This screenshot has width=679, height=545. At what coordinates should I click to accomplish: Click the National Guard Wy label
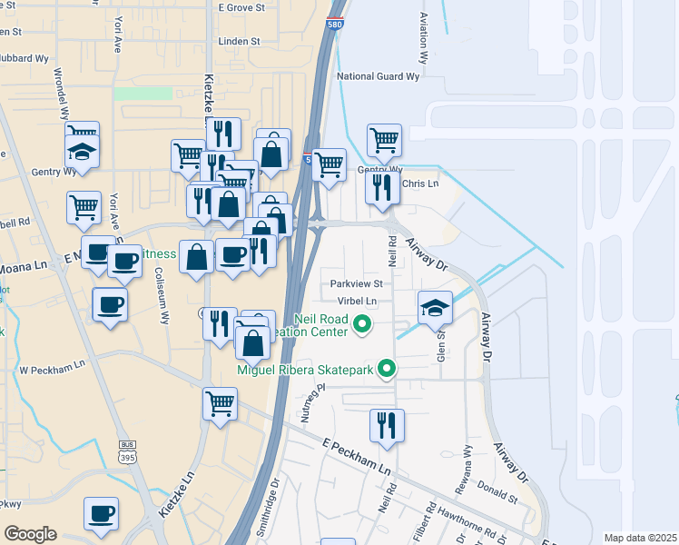pos(378,77)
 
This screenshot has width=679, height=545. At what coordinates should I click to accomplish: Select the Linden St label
pos(240,42)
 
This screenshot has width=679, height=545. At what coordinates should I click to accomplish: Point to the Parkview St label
pos(357,283)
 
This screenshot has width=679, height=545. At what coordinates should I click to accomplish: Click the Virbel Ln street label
pos(357,301)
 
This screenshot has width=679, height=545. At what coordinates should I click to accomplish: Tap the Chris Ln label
pos(419,183)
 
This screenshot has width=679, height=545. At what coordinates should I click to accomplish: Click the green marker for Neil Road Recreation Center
pos(363,322)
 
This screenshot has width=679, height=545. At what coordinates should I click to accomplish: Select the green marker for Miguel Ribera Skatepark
pos(388,369)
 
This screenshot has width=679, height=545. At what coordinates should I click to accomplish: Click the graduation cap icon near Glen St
pos(435,307)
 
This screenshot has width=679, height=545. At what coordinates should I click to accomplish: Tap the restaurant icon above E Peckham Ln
pos(387,425)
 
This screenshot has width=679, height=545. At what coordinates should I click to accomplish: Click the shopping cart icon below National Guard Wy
pos(384,141)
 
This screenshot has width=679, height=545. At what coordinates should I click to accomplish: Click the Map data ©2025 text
pos(640,538)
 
